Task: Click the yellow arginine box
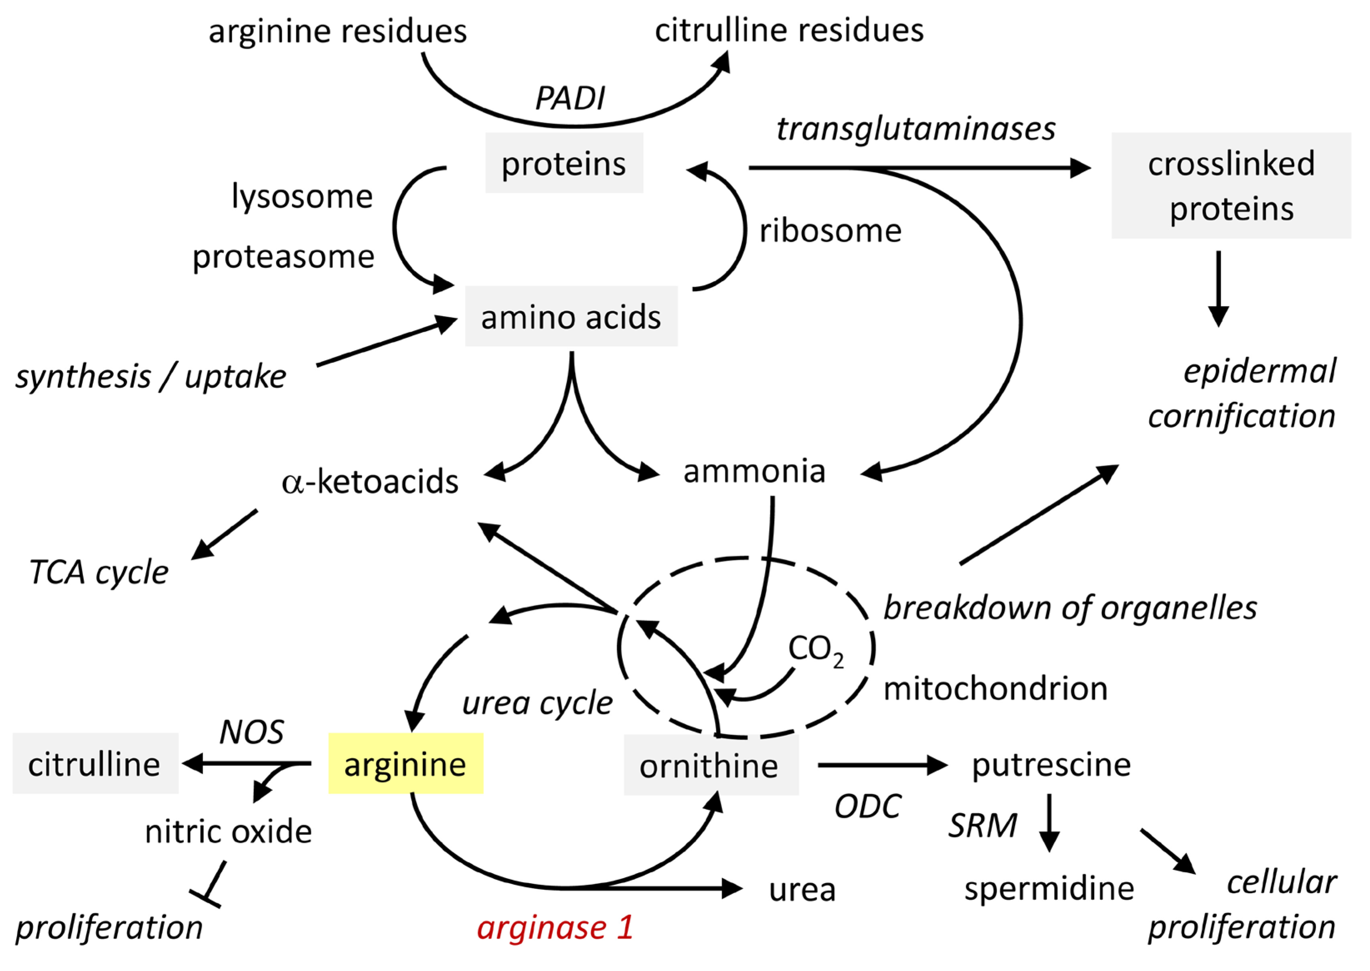(405, 764)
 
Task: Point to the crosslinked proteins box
(1231, 185)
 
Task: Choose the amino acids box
(571, 316)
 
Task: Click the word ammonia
(754, 471)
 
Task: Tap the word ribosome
(830, 231)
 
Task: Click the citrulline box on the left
(95, 764)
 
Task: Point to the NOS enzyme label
(251, 732)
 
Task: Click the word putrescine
(1051, 765)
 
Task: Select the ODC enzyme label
(867, 806)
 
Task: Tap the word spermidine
(1049, 889)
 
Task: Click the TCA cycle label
(99, 572)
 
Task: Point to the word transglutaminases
(915, 129)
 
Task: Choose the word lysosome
(302, 196)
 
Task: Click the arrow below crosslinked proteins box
(1218, 289)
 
